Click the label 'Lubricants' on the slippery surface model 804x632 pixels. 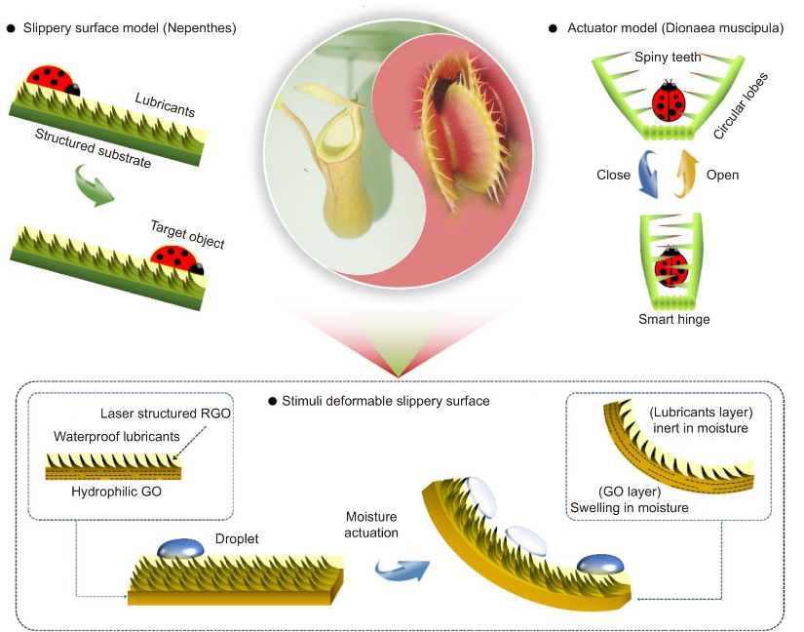166,99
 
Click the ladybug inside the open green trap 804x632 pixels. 668,100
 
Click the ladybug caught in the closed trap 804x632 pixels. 669,266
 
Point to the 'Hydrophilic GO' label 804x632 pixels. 110,492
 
